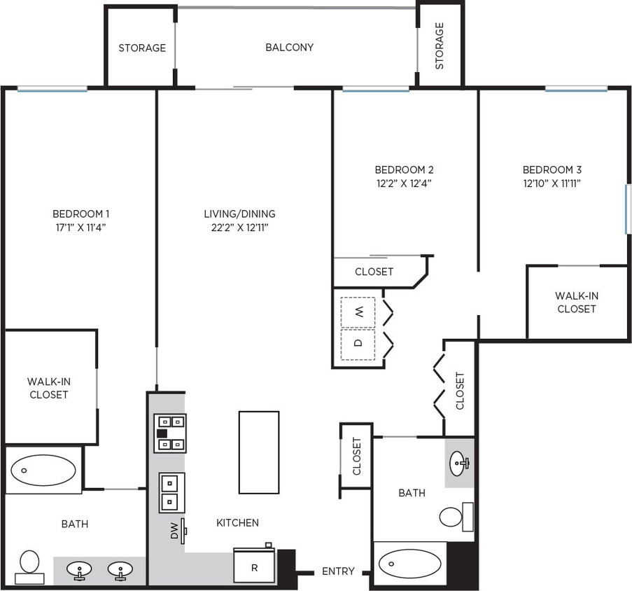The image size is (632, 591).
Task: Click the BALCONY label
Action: click(289, 48)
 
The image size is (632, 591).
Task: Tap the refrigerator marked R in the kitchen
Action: click(255, 566)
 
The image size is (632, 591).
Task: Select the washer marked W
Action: click(358, 312)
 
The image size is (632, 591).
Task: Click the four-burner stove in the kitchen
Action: click(170, 433)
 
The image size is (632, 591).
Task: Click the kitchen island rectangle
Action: click(258, 452)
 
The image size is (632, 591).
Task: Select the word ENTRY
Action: click(338, 571)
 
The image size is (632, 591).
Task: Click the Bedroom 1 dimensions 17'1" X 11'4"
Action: click(80, 227)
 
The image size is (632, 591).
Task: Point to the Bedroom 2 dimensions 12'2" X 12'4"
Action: click(404, 183)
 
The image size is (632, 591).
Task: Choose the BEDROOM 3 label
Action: click(552, 169)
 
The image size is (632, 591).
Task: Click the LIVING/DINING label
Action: click(239, 214)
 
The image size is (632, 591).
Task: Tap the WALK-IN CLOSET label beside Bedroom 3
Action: click(577, 302)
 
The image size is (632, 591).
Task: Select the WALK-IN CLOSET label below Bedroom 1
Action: click(48, 388)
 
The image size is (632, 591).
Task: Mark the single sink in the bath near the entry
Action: click(459, 462)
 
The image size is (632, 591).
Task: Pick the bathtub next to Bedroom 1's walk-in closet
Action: click(43, 471)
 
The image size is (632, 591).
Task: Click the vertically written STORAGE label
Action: click(440, 46)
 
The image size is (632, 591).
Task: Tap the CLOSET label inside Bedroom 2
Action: click(374, 272)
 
